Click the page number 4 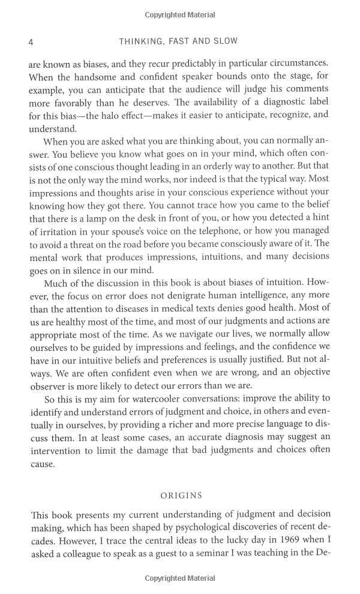coord(31,41)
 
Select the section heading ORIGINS coord(181,496)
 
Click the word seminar coord(221,552)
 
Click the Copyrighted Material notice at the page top coord(180,15)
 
